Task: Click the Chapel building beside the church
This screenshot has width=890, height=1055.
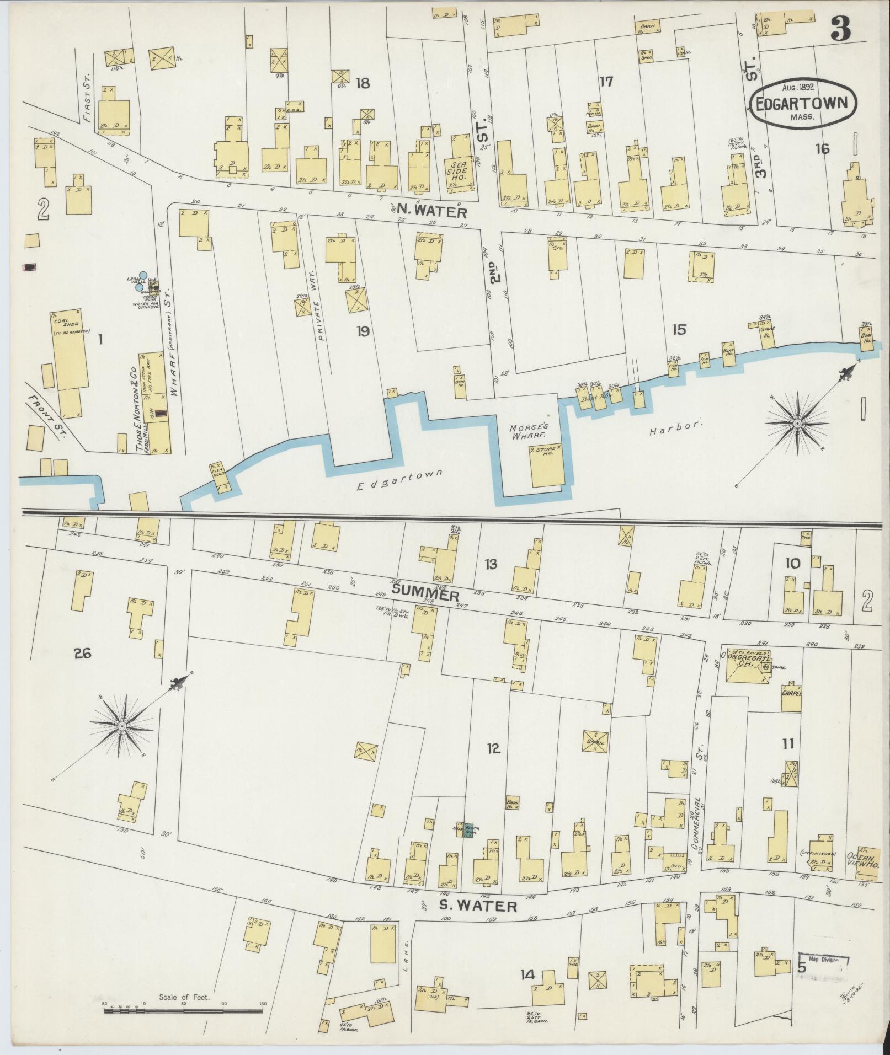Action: pyautogui.click(x=791, y=693)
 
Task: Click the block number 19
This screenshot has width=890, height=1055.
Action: pyautogui.click(x=363, y=331)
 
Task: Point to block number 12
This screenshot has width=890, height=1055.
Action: pyautogui.click(x=493, y=748)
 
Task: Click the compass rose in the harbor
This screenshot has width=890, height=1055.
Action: pyautogui.click(x=797, y=423)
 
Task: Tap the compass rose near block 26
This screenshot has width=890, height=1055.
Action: pyautogui.click(x=121, y=726)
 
